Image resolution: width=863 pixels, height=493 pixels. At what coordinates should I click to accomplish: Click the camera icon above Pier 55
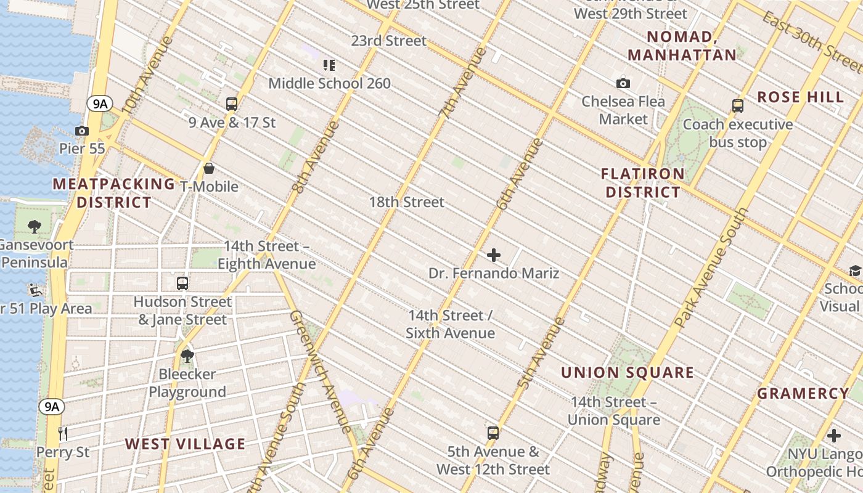[81, 131]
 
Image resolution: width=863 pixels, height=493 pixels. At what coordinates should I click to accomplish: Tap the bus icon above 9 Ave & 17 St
[232, 104]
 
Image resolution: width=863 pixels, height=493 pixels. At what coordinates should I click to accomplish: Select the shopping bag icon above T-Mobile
[209, 168]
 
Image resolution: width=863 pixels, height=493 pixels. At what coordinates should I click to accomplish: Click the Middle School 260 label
[329, 83]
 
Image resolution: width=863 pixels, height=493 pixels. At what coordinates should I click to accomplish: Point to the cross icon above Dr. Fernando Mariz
[494, 255]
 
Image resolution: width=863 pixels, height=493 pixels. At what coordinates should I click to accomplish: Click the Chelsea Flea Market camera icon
[623, 83]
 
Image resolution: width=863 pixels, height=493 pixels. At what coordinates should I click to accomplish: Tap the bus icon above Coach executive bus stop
[738, 106]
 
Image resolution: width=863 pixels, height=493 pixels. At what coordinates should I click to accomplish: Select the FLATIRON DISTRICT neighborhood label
[642, 183]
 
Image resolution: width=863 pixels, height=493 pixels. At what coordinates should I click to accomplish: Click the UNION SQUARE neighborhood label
[628, 372]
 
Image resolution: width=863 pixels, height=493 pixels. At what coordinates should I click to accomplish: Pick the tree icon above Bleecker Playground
[187, 356]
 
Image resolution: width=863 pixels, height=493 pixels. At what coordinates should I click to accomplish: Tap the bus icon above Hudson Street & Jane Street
[182, 283]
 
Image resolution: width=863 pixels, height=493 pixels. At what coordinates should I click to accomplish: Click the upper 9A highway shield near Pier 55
[99, 104]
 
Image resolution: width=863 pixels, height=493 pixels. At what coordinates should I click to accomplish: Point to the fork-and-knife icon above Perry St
[63, 434]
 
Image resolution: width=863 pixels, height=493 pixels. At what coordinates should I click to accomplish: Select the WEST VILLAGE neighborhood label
[185, 444]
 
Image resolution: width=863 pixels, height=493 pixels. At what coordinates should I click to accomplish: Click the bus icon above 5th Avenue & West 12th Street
[493, 433]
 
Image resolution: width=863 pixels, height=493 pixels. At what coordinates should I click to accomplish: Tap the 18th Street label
[406, 202]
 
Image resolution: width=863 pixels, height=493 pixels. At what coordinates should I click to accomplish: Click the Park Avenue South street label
[711, 267]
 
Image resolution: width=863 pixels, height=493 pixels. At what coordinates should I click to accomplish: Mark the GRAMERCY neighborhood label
[803, 393]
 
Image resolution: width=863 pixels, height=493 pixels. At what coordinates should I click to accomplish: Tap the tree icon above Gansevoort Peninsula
[35, 227]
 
